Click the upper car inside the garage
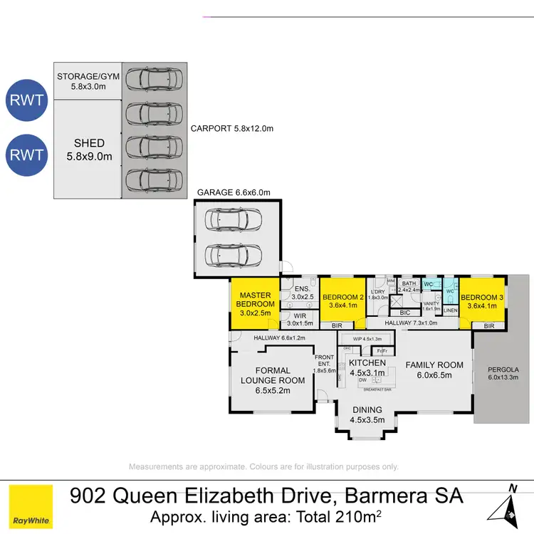pyautogui.click(x=232, y=220)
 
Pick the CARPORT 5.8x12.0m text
pyautogui.click(x=231, y=129)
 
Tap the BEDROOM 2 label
pyautogui.click(x=342, y=302)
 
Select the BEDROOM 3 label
pyautogui.click(x=482, y=302)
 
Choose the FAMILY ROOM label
pyautogui.click(x=434, y=370)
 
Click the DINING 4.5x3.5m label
pyautogui.click(x=367, y=414)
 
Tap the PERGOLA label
pyautogui.click(x=503, y=375)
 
